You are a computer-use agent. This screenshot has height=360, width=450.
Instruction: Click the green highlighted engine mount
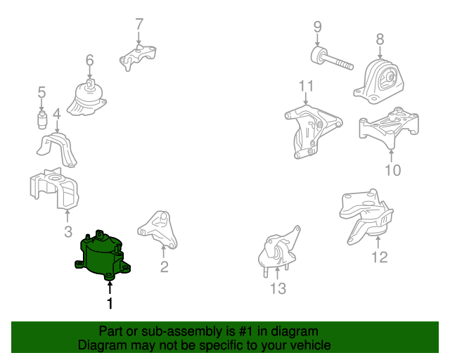tap(102, 255)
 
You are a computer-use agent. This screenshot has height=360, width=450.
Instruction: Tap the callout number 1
tap(110, 303)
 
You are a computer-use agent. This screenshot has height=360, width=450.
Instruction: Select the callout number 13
tap(278, 288)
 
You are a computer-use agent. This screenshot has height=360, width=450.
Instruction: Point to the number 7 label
tap(139, 24)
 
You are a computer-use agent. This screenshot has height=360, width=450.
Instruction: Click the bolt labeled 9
tap(332, 58)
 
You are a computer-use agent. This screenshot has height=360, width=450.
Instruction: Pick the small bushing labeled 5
tap(42, 120)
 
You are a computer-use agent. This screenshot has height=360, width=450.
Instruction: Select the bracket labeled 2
tap(157, 230)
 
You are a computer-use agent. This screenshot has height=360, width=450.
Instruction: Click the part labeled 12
tap(366, 216)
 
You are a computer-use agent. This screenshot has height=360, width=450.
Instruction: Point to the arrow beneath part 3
tap(67, 216)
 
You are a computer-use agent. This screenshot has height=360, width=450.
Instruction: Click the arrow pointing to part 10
tap(391, 155)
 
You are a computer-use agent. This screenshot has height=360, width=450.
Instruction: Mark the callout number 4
tap(57, 114)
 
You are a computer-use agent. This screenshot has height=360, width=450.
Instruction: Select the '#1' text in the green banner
tap(245, 331)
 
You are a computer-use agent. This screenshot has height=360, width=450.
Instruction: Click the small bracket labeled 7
tap(138, 58)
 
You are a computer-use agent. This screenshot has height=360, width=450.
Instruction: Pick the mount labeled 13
tap(278, 250)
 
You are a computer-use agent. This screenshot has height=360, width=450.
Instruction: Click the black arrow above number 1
tap(110, 288)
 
